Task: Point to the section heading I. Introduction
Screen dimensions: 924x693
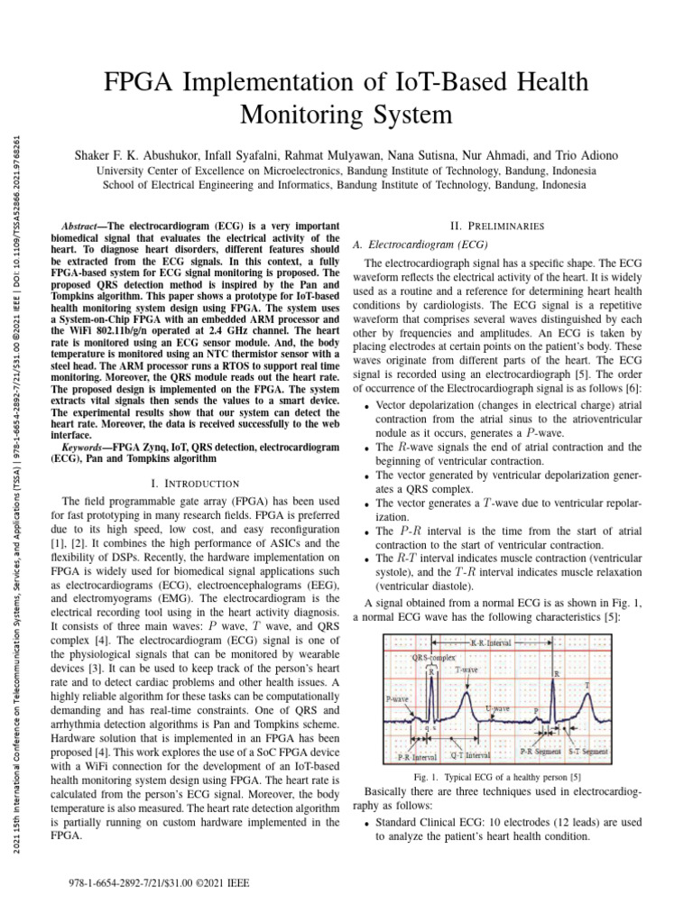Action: (x=196, y=484)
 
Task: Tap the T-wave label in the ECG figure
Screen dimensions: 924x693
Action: (x=467, y=670)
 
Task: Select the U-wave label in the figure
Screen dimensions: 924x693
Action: (x=497, y=708)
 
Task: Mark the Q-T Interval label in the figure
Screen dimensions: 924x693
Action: (x=470, y=753)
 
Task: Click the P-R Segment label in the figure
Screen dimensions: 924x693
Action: (x=541, y=750)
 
